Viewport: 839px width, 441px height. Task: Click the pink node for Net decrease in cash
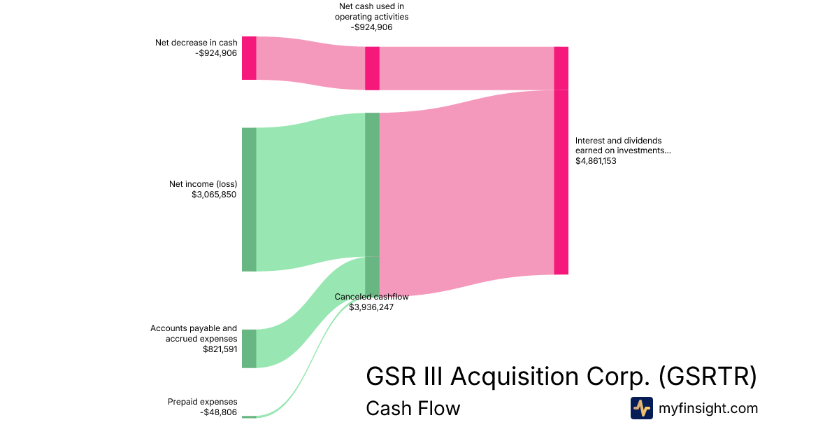249,58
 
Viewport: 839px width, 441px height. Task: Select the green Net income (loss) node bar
249,199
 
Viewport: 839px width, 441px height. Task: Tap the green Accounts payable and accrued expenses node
249,349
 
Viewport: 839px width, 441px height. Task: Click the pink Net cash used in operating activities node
372,69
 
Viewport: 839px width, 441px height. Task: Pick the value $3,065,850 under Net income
214,195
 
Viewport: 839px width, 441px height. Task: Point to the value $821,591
220,349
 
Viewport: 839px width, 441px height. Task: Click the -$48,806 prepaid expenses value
218,412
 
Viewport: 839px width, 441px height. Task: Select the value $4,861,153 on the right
596,161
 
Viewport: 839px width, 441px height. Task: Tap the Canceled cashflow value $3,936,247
371,307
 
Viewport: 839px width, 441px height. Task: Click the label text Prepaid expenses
202,402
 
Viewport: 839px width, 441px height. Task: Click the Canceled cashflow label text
371,297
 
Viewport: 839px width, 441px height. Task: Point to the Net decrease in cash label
196,43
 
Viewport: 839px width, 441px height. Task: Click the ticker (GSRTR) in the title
708,376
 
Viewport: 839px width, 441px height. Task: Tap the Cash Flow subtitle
413,408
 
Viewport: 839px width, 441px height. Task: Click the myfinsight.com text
708,408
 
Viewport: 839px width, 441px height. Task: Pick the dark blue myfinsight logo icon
641,408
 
